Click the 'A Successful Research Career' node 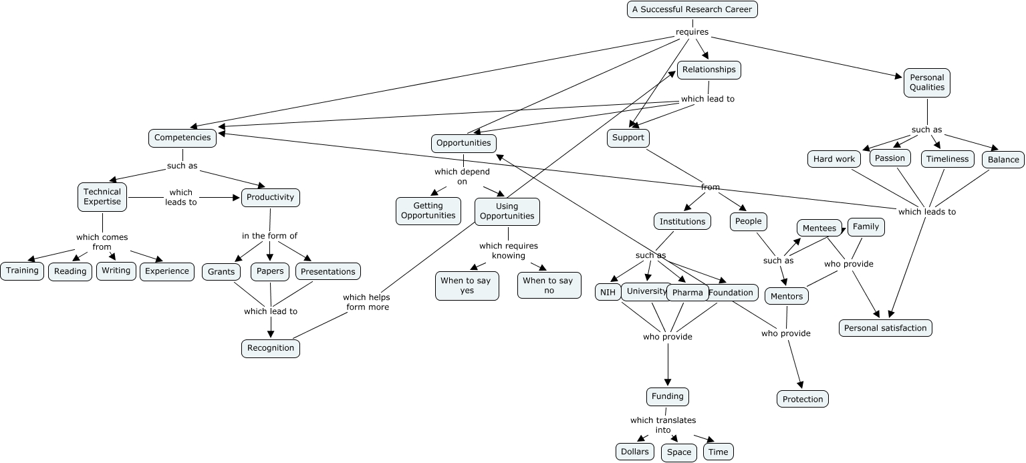[692, 9]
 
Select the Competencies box [182, 138]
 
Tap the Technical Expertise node [102, 196]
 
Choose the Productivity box [270, 197]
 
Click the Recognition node [271, 348]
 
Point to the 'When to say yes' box [467, 286]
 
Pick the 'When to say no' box [549, 285]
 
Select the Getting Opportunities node [428, 210]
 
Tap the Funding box [667, 396]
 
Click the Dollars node [634, 452]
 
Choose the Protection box [802, 399]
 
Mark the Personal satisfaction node [885, 328]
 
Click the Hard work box [833, 159]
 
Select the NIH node [608, 292]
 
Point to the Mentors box [787, 296]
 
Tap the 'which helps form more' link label [367, 302]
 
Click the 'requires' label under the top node [692, 32]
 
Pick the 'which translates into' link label [662, 425]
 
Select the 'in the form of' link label [269, 236]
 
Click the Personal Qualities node [926, 82]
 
